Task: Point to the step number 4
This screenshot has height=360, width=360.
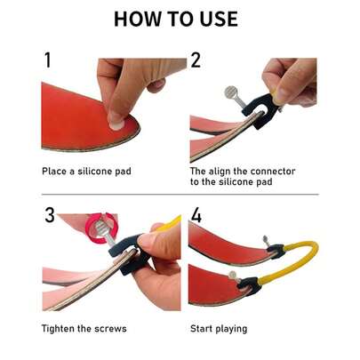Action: tap(196, 216)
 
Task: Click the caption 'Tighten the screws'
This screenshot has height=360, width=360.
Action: tap(84, 328)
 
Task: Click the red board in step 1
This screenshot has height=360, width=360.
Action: tap(76, 116)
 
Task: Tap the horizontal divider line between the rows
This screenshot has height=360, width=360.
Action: tap(180, 195)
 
